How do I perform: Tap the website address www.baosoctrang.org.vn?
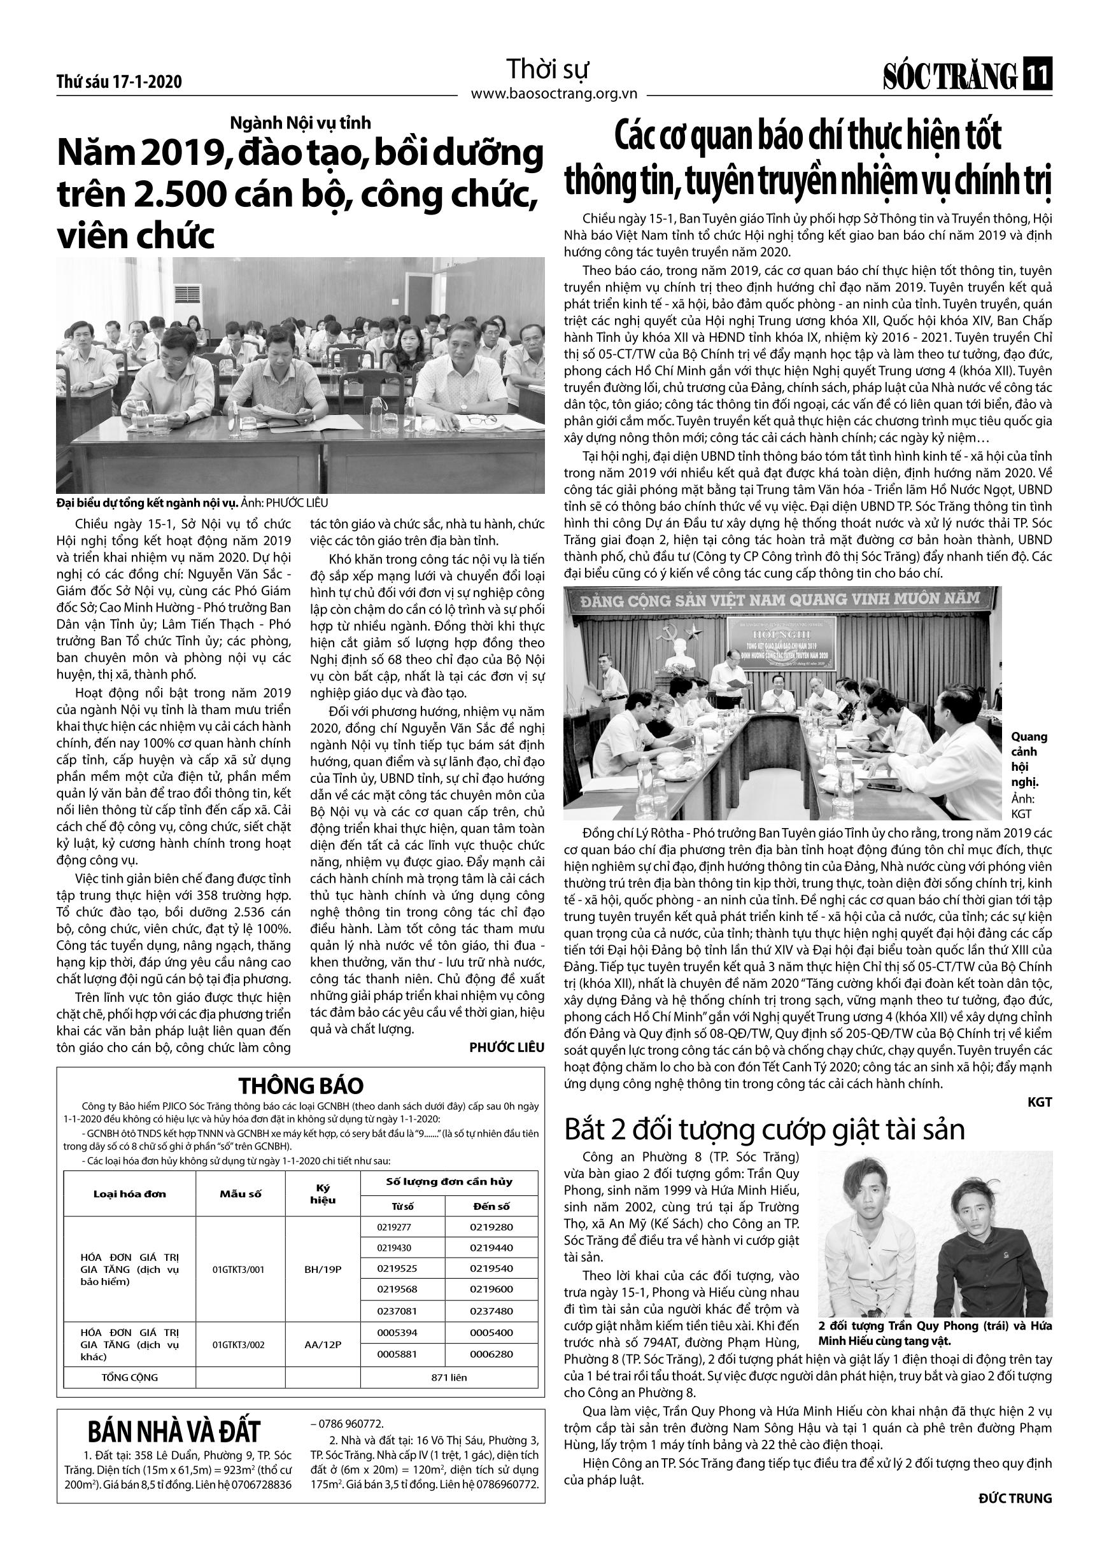pyautogui.click(x=554, y=94)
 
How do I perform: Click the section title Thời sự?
pyautogui.click(x=547, y=69)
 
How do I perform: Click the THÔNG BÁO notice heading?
pyautogui.click(x=300, y=1086)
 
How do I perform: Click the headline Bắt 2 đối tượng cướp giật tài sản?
pyautogui.click(x=764, y=1130)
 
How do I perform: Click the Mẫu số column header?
pyautogui.click(x=241, y=1194)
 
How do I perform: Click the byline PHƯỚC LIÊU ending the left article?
pyautogui.click(x=507, y=1047)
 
